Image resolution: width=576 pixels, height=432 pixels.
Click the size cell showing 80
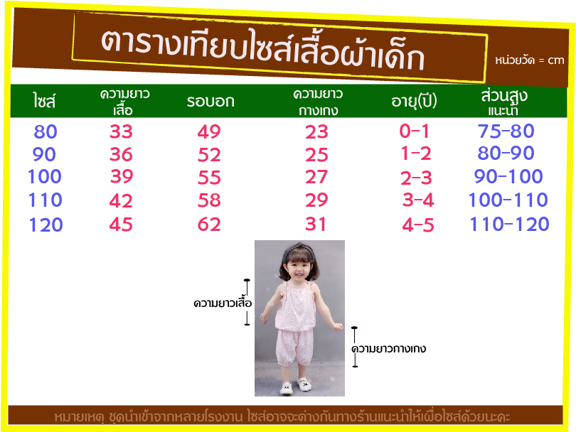click(x=46, y=131)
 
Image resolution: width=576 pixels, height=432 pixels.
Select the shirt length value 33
click(x=121, y=131)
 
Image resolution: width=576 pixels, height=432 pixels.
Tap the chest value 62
click(x=209, y=225)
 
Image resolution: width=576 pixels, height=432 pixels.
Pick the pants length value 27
click(x=316, y=177)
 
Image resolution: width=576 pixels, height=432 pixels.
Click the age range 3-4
click(x=418, y=200)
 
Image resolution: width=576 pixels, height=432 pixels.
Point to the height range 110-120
click(x=509, y=225)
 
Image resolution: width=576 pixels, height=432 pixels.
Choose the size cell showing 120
click(x=46, y=225)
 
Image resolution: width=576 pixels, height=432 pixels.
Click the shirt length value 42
click(x=121, y=201)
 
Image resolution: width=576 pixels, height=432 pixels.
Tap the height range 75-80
click(x=506, y=131)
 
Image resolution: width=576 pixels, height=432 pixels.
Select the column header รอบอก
click(x=210, y=102)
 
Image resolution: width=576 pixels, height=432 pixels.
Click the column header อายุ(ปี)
click(x=414, y=101)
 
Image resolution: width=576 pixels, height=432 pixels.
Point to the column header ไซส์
click(x=44, y=101)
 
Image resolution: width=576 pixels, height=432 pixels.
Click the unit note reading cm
click(x=556, y=60)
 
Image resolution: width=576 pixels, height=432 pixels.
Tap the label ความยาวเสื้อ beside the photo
click(x=223, y=303)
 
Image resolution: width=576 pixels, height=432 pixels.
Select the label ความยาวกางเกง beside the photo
click(x=389, y=348)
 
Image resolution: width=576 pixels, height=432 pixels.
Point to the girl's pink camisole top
click(x=295, y=306)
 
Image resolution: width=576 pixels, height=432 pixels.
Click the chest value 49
click(x=209, y=131)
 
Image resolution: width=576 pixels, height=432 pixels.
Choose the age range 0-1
click(x=414, y=131)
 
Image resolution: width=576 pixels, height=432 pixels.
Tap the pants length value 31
click(x=315, y=225)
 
